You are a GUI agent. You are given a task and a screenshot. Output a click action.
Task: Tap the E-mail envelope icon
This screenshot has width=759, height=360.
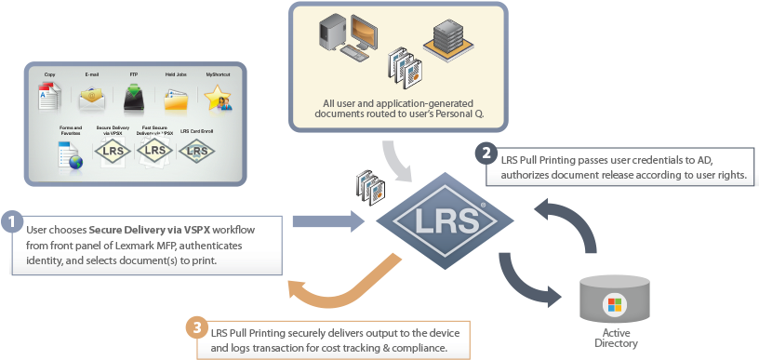click(90, 97)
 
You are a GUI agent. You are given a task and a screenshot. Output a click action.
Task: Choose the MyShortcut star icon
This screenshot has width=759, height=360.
click(218, 98)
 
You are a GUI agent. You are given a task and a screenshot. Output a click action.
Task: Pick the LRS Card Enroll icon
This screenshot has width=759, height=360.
click(196, 150)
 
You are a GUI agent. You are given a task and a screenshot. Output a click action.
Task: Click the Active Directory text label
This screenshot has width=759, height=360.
click(615, 338)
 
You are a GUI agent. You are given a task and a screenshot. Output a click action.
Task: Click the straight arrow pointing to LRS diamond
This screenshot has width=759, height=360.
click(330, 220)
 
